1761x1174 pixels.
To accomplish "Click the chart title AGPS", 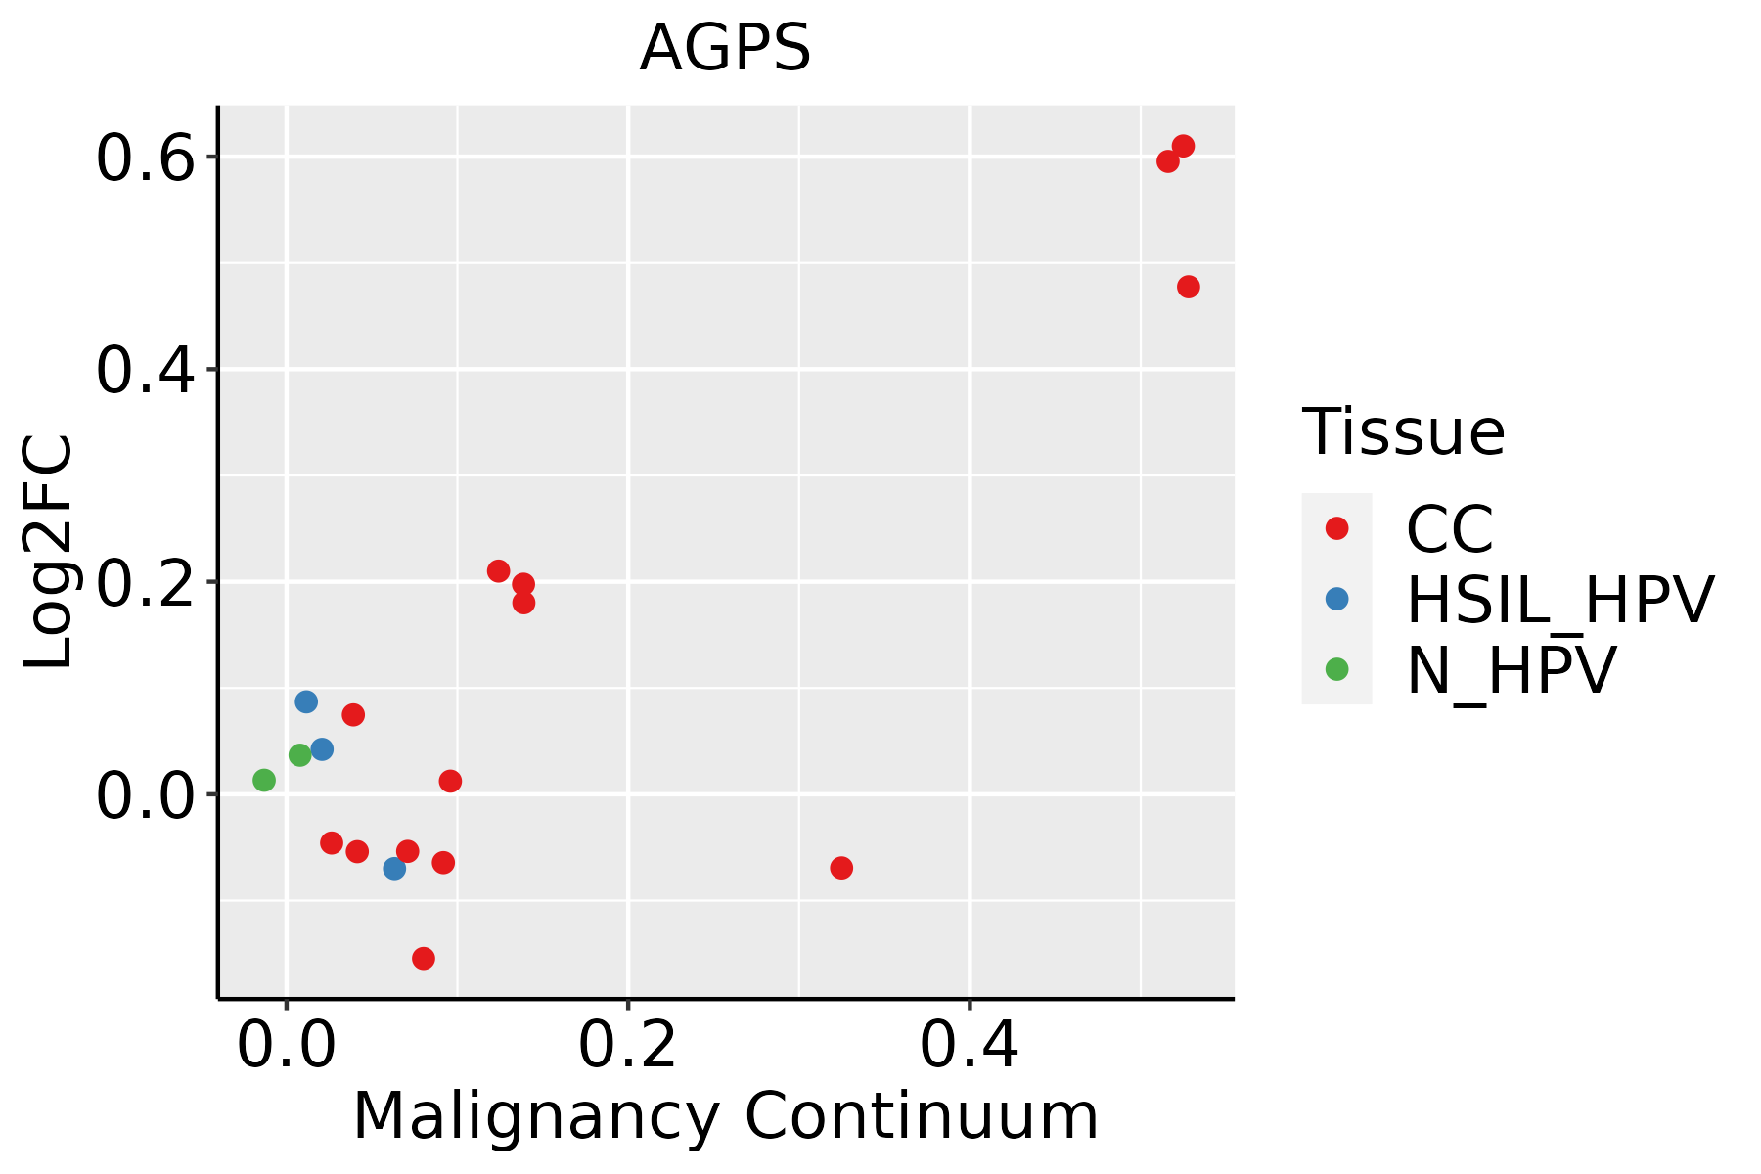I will tap(725, 48).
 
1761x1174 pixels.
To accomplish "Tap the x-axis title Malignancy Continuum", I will tap(725, 1116).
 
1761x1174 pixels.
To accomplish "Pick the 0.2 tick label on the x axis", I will tap(627, 1047).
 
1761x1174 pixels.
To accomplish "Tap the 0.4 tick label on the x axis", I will tap(969, 1047).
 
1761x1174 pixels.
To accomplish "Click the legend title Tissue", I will tap(1404, 432).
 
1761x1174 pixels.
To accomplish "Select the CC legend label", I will tap(1450, 529).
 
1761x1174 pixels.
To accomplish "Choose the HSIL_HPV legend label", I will tap(1559, 600).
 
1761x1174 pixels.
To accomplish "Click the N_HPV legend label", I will tap(1511, 670).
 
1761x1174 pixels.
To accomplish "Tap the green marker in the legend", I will tap(1336, 669).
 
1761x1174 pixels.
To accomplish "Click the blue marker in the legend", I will tap(1336, 599).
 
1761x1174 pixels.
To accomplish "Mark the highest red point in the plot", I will tap(1183, 147).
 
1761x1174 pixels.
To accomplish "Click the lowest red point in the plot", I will tap(424, 958).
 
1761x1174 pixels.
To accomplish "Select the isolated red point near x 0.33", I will tap(841, 868).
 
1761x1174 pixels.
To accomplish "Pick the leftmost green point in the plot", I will tap(264, 780).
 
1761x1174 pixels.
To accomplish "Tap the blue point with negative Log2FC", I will tap(394, 868).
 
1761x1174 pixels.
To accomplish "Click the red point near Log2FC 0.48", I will tap(1189, 287).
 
